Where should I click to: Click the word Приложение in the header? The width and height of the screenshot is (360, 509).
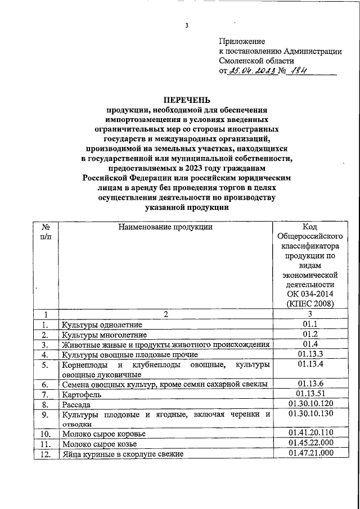(242, 41)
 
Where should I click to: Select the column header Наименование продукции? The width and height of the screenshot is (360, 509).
(165, 227)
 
